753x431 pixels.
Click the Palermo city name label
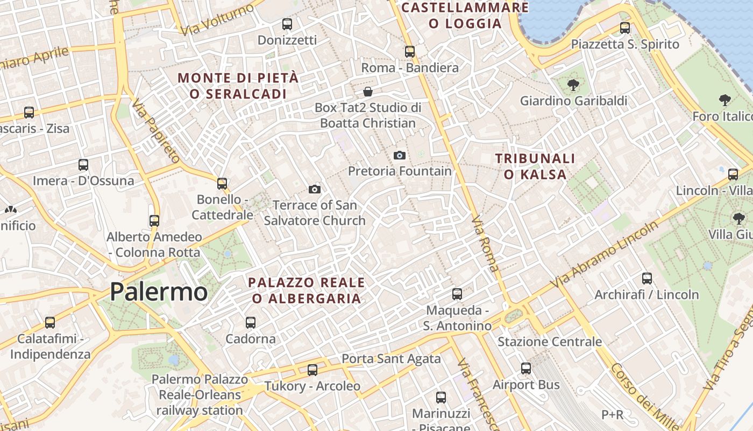pyautogui.click(x=159, y=292)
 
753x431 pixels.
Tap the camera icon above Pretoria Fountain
pyautogui.click(x=399, y=155)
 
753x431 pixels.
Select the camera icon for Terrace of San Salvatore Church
pyautogui.click(x=315, y=189)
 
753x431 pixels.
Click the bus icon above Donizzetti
pyautogui.click(x=287, y=24)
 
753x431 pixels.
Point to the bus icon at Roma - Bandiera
pyautogui.click(x=410, y=52)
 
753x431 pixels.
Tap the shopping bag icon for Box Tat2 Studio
pyautogui.click(x=368, y=92)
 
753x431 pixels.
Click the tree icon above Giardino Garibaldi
pyautogui.click(x=573, y=85)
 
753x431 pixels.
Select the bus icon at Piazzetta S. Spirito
pyautogui.click(x=625, y=28)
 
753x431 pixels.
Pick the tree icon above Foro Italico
pyautogui.click(x=725, y=100)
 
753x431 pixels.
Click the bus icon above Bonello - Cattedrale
pyautogui.click(x=222, y=184)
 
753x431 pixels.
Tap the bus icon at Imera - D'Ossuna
pyautogui.click(x=83, y=165)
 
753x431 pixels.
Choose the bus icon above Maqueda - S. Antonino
pyautogui.click(x=457, y=294)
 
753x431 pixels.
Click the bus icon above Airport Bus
pyautogui.click(x=526, y=369)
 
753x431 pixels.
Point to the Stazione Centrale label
pyautogui.click(x=550, y=342)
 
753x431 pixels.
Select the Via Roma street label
pyautogui.click(x=485, y=244)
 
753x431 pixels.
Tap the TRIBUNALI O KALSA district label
pyautogui.click(x=535, y=166)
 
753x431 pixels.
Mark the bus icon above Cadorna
pyautogui.click(x=251, y=323)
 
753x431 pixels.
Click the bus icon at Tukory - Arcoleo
pyautogui.click(x=312, y=370)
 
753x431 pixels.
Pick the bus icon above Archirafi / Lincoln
pyautogui.click(x=647, y=279)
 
